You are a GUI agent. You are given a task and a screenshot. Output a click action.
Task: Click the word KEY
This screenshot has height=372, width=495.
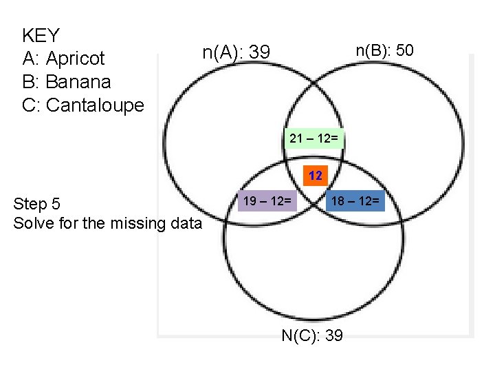(41, 35)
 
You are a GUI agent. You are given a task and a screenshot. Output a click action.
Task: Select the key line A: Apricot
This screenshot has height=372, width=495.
(63, 59)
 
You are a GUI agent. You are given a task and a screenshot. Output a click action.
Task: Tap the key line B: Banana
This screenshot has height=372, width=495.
(66, 82)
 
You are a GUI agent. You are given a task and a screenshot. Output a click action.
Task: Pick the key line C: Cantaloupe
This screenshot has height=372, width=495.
(83, 105)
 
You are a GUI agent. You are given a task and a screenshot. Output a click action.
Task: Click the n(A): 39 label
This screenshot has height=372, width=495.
(236, 52)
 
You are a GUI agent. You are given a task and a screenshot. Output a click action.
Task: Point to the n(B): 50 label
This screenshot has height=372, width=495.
(384, 50)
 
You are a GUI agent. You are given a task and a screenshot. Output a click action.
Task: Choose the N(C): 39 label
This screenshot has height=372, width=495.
(313, 335)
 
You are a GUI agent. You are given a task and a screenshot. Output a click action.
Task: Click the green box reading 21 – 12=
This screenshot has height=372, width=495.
(313, 138)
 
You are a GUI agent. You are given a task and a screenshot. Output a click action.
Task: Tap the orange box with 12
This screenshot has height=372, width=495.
(316, 176)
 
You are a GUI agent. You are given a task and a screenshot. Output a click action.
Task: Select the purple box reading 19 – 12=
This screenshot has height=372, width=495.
(267, 201)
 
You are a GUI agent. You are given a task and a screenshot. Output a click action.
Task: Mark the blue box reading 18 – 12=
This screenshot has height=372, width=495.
(355, 201)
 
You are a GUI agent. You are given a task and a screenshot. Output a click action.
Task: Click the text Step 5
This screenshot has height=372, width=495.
(37, 204)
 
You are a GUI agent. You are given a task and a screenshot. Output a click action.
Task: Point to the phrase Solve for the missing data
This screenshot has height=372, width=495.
(107, 223)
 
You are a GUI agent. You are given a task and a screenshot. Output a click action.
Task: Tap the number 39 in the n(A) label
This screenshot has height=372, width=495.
(259, 52)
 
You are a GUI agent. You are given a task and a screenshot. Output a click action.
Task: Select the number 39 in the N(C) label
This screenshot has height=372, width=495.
(333, 335)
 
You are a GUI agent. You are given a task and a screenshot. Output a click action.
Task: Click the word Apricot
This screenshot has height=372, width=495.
(75, 59)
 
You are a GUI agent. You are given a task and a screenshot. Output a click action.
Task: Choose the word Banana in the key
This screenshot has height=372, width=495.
(78, 82)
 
